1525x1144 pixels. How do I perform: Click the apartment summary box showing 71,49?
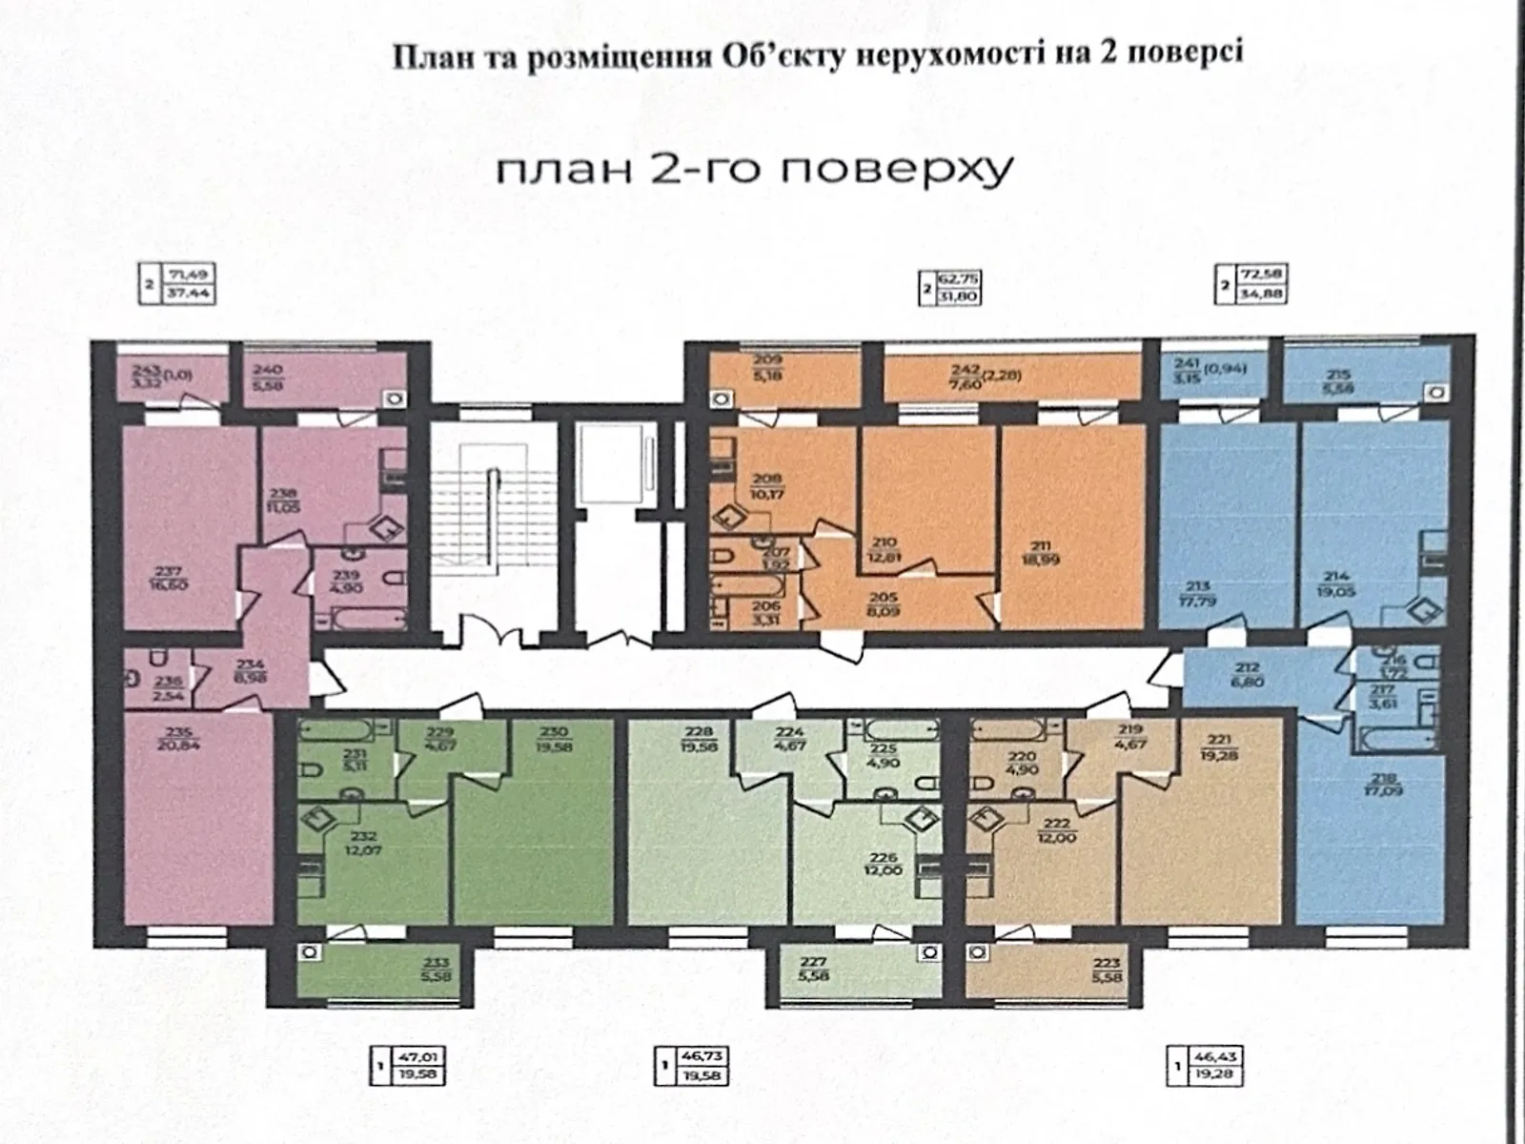tap(178, 283)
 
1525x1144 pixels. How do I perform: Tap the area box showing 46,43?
tap(1207, 1066)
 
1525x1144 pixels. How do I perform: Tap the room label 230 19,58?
tap(553, 739)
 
